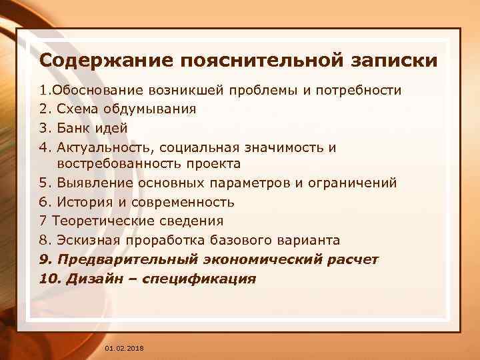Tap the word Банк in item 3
(74, 127)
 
